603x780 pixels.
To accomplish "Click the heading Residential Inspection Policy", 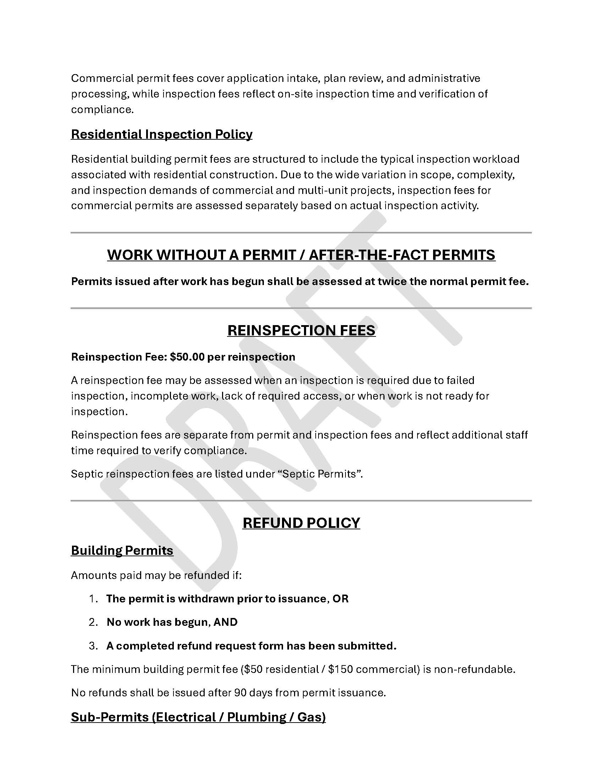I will coord(161,134).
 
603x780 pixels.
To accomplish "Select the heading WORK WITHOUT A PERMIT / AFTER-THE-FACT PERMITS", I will coord(301,255).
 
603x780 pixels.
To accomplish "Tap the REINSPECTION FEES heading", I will coord(301,330).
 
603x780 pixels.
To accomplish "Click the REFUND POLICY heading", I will coord(301,523).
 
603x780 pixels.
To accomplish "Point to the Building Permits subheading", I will coord(122,550).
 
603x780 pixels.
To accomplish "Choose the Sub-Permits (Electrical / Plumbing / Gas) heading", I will coord(198,717).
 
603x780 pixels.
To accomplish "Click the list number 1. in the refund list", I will coord(93,599).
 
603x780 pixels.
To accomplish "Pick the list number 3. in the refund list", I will coord(93,646).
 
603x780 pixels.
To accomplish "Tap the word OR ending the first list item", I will coord(341,599).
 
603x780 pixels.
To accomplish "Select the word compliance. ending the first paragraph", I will coord(102,110).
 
